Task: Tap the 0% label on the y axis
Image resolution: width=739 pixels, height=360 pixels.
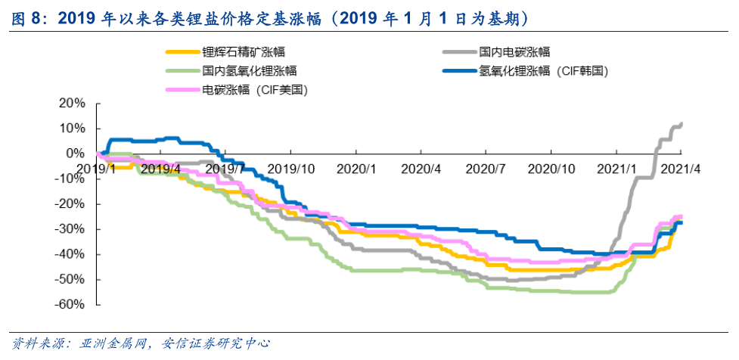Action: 76,154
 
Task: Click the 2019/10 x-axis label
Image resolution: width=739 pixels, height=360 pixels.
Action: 290,169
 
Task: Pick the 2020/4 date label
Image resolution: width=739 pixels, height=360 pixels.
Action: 423,169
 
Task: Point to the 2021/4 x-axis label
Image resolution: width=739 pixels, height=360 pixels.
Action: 682,169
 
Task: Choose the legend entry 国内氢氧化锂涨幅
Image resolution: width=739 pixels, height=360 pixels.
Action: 249,71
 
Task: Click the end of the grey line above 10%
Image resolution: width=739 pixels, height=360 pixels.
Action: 682,123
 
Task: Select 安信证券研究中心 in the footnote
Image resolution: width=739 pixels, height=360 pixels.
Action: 216,344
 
